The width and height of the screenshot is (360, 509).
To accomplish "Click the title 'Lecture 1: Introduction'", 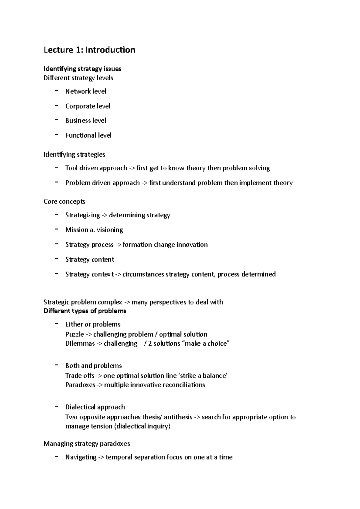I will [x=89, y=50].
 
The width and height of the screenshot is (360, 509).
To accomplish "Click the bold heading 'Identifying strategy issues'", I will [x=82, y=69].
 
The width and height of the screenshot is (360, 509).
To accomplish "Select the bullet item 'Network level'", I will [x=85, y=91].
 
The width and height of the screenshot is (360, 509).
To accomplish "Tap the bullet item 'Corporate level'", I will [x=88, y=106].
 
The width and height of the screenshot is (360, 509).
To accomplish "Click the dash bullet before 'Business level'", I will [x=56, y=120].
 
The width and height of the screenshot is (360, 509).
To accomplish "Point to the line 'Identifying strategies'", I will [x=74, y=155].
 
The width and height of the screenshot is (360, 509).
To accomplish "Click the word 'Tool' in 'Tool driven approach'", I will [x=71, y=168].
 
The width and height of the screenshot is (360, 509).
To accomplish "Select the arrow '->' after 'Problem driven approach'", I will [x=144, y=183].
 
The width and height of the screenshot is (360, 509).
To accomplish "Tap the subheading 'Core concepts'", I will [x=64, y=201].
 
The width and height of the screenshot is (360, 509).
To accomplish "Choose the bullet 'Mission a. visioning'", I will [x=94, y=230].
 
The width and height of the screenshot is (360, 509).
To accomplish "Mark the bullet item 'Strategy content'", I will [x=90, y=259].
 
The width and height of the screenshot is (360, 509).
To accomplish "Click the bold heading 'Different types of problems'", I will [x=85, y=311].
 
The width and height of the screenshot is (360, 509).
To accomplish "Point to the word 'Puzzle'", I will [x=74, y=335].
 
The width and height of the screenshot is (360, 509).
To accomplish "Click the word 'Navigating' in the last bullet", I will [x=81, y=457].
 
